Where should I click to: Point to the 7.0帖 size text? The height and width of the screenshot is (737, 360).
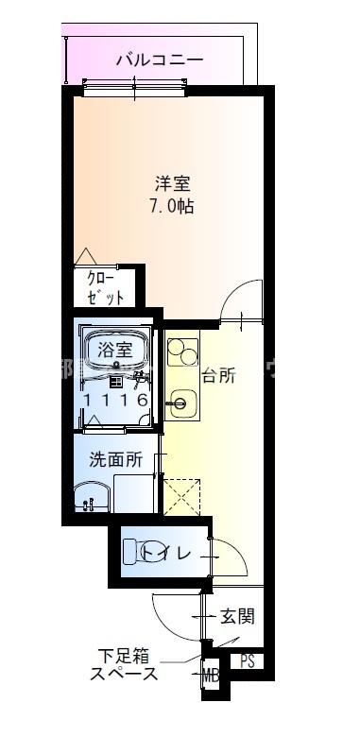coord(172,207)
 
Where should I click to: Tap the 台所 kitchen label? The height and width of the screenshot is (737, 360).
coord(217,373)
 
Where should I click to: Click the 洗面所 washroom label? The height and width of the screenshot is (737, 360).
coord(115,460)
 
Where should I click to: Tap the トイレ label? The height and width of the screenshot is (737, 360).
coord(179,551)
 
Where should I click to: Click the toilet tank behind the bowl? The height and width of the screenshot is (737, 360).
coord(129,551)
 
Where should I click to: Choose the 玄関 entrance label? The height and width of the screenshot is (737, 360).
coord(237,617)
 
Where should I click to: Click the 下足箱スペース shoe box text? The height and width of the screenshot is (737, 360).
coord(124,665)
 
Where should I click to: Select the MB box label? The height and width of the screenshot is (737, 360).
coord(209,674)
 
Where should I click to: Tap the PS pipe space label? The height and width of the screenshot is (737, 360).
coord(249,662)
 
